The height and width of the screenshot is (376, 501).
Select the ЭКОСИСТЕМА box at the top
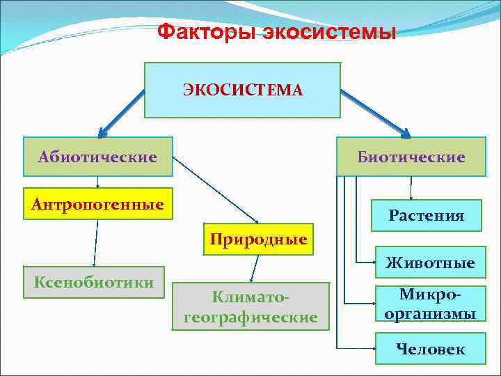[242, 90]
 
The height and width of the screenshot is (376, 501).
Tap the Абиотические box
[97, 157]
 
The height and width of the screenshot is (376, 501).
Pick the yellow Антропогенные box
[97, 204]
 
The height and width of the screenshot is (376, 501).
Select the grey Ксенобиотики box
[94, 282]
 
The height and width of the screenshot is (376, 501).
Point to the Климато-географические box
[250, 306]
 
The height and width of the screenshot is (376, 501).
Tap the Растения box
[427, 215]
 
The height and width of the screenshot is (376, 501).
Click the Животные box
[430, 263]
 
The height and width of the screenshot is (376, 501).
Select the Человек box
[430, 349]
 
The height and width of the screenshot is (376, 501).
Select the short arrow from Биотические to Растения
[411, 188]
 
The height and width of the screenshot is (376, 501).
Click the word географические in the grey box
[250, 317]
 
